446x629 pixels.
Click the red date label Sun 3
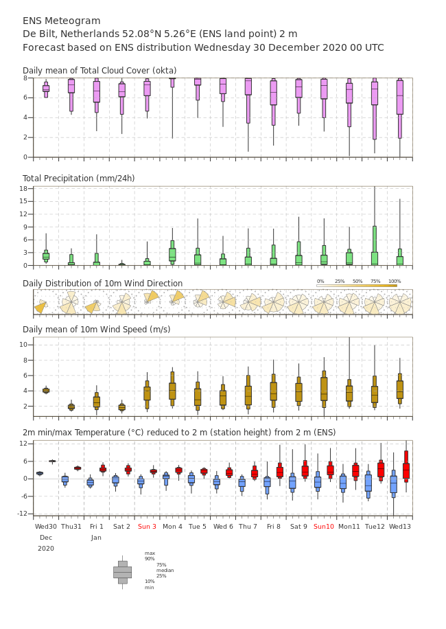(147, 527)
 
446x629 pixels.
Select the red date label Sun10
(324, 527)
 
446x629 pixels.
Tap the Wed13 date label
(400, 527)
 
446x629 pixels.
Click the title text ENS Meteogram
(61, 21)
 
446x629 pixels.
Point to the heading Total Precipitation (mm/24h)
(78, 179)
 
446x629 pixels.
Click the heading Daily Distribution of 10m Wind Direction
(102, 284)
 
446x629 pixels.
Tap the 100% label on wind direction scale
(395, 282)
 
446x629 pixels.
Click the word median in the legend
(165, 570)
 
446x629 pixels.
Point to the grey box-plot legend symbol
(122, 572)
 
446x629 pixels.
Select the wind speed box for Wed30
(46, 391)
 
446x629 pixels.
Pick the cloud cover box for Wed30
(46, 88)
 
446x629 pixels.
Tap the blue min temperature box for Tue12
(368, 483)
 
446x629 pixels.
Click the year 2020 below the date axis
(46, 549)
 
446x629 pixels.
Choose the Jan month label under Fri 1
(96, 538)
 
